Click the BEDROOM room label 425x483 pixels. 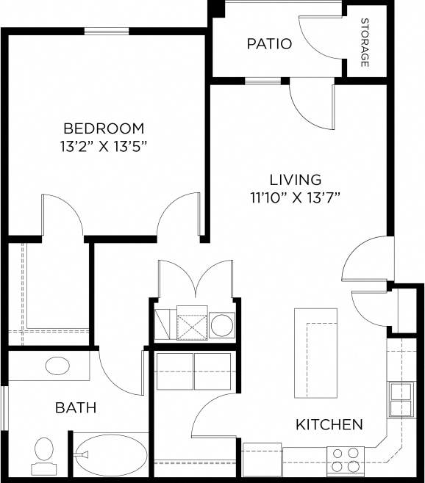103,128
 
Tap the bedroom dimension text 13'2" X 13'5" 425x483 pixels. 103,145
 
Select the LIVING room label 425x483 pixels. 296,179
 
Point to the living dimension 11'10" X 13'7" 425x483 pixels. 296,197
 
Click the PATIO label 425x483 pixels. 268,44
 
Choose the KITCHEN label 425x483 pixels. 329,424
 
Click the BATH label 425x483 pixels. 76,407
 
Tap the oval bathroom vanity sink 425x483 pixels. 57,365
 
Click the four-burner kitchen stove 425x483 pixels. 346,460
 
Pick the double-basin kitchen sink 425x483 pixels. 401,400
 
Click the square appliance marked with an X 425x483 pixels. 191,324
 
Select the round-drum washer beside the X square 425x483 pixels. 222,324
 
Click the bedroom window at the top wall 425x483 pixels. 108,31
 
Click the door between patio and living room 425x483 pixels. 312,99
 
